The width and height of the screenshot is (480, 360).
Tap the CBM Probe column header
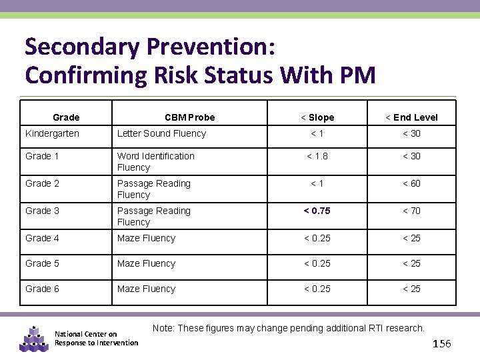(190, 117)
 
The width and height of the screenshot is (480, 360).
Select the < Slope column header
(317, 117)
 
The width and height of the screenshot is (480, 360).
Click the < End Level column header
(411, 117)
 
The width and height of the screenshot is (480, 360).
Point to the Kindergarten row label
(52, 133)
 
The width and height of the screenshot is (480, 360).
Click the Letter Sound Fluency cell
(161, 133)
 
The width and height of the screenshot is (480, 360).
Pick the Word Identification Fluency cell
(156, 161)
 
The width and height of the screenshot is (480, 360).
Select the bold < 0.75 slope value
(317, 211)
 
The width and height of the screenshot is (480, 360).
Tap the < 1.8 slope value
(317, 156)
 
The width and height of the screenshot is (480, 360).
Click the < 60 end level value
(411, 183)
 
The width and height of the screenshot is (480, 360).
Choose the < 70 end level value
(411, 211)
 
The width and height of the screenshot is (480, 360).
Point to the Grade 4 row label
(42, 238)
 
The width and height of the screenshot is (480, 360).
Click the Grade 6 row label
(42, 289)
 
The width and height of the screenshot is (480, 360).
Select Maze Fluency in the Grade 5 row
(146, 263)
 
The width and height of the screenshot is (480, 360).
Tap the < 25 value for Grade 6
(411, 289)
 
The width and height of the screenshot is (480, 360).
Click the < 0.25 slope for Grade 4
(317, 238)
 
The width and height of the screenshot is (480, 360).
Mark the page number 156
(442, 343)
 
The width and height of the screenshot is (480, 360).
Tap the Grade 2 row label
(42, 183)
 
